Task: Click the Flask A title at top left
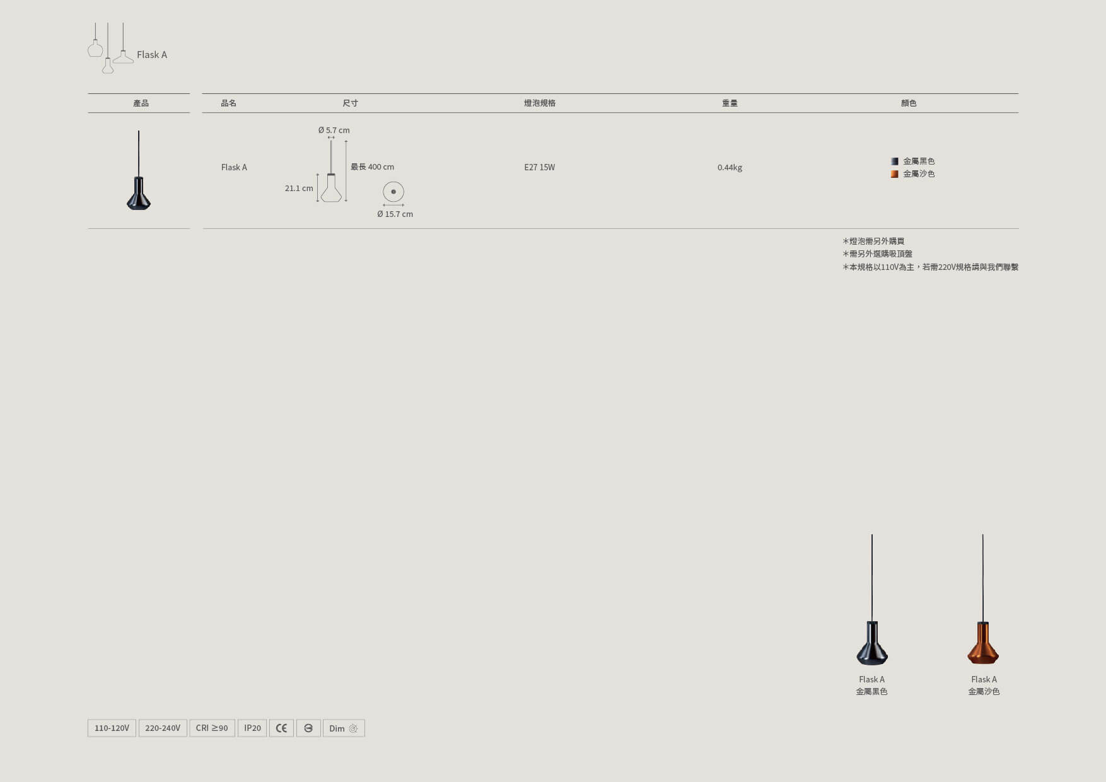coord(152,55)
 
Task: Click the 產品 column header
coord(141,103)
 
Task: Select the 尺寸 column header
coord(350,103)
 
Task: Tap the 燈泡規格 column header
coord(540,103)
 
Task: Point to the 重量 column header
coord(730,103)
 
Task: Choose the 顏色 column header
coord(909,103)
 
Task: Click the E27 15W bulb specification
coord(540,167)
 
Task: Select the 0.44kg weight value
coord(730,167)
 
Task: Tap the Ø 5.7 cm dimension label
coord(334,130)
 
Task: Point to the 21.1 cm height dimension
coord(299,188)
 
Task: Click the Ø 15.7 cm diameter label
coord(395,214)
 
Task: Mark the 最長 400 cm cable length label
coord(372,167)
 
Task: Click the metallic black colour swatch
coord(894,161)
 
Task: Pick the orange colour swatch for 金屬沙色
coord(894,174)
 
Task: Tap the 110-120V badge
coord(112,728)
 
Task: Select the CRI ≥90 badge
coord(212,728)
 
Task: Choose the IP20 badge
coord(252,728)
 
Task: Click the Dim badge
coord(344,728)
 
